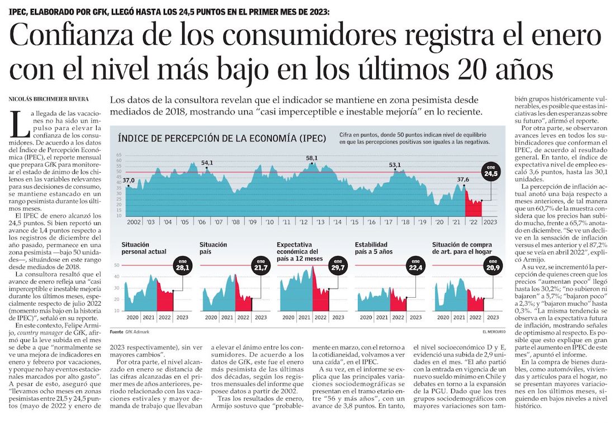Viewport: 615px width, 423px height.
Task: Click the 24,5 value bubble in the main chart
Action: (491, 171)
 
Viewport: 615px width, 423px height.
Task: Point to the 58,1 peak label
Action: (312, 158)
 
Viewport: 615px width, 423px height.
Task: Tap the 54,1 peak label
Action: (207, 163)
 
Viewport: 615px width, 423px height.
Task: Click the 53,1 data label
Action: (395, 165)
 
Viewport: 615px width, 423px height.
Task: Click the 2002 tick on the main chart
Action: (134, 222)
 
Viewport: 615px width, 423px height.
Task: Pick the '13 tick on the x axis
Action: (321, 222)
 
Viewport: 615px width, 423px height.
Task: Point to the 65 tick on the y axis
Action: (119, 155)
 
